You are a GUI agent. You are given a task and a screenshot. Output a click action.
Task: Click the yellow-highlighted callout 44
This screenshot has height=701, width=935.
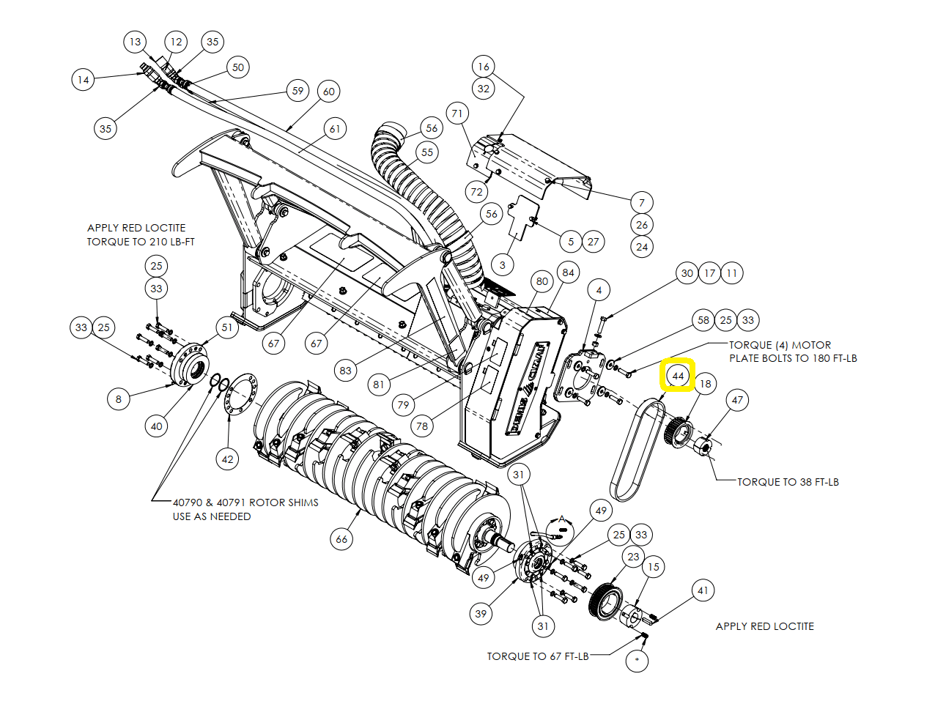pyautogui.click(x=678, y=376)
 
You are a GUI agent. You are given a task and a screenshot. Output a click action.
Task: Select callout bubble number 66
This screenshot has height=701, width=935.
pyautogui.click(x=341, y=539)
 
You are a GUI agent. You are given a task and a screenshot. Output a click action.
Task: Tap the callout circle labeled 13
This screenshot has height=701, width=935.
pyautogui.click(x=135, y=42)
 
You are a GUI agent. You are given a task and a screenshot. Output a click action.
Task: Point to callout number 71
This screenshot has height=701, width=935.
pyautogui.click(x=457, y=114)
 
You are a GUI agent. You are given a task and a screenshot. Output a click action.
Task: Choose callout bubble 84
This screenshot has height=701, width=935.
pyautogui.click(x=569, y=272)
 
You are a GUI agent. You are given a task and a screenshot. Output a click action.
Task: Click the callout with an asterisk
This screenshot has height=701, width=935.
pyautogui.click(x=637, y=661)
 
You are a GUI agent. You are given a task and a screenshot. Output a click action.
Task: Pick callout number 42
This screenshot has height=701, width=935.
pyautogui.click(x=227, y=459)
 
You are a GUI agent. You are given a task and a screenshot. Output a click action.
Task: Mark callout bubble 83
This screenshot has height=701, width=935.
pyautogui.click(x=346, y=371)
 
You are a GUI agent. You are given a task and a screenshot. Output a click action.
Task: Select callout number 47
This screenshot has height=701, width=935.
pyautogui.click(x=737, y=400)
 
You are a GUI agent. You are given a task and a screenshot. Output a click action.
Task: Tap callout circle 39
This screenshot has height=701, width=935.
pyautogui.click(x=481, y=614)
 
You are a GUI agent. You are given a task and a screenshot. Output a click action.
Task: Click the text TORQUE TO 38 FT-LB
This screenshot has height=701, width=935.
pyautogui.click(x=788, y=482)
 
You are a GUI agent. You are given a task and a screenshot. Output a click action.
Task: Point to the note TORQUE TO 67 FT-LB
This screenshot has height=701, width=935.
pyautogui.click(x=538, y=656)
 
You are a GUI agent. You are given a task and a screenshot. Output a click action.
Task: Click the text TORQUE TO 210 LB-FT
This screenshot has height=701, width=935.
pyautogui.click(x=141, y=242)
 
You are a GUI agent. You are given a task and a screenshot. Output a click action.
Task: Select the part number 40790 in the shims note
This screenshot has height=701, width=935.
pyautogui.click(x=188, y=502)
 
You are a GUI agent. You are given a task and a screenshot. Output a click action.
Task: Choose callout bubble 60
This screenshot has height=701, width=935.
pyautogui.click(x=329, y=92)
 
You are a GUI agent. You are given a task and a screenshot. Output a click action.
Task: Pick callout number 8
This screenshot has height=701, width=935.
pyautogui.click(x=119, y=399)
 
